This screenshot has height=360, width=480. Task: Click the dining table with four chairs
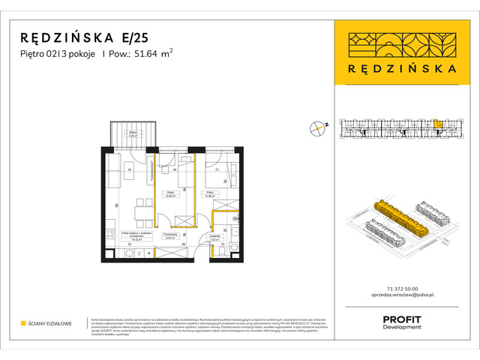tap(139, 209)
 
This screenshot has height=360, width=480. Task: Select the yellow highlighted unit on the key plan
tap(437, 124)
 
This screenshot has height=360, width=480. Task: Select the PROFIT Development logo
tap(402, 322)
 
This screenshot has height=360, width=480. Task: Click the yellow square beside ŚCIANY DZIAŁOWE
tap(23, 323)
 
